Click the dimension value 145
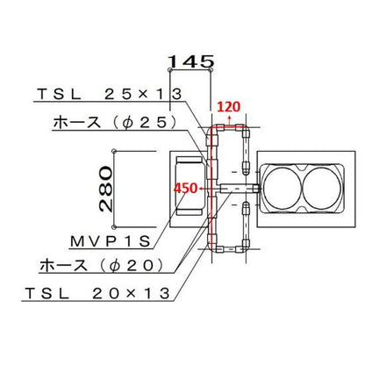(x=190, y=61)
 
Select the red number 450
(x=184, y=187)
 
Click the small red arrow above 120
(x=230, y=116)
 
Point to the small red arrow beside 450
(x=202, y=187)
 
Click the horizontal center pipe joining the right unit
(x=237, y=188)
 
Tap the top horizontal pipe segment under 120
(x=230, y=128)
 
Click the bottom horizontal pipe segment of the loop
(x=230, y=247)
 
